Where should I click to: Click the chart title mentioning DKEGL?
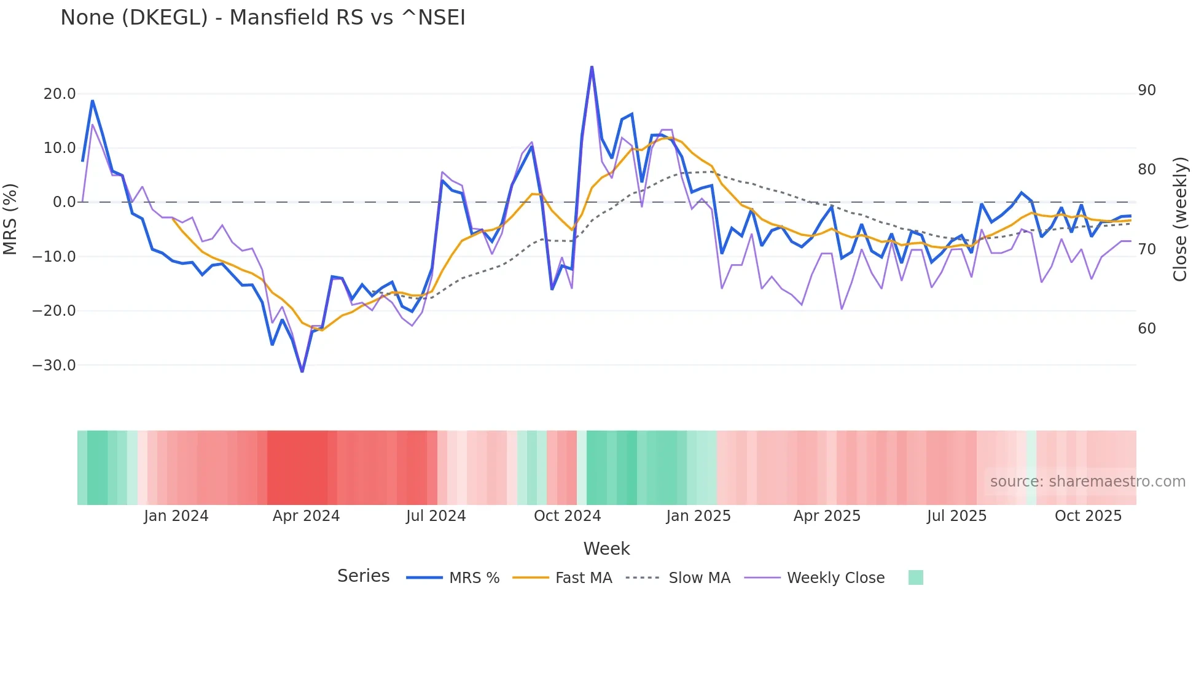(x=263, y=17)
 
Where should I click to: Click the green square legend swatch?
(x=915, y=577)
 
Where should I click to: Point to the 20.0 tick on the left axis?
(x=60, y=94)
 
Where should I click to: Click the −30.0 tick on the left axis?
(x=54, y=366)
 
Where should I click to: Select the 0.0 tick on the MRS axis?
(x=64, y=202)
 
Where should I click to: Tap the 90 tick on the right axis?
(x=1147, y=90)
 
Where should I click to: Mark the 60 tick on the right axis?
(x=1147, y=329)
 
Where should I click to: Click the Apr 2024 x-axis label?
(x=306, y=516)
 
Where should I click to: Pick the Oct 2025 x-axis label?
(x=1088, y=516)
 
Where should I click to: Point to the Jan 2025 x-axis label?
(x=698, y=516)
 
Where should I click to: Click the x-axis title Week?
(x=606, y=549)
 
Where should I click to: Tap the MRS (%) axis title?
(x=10, y=219)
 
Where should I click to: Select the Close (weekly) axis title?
(x=1180, y=219)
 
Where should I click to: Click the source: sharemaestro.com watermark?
(x=1087, y=482)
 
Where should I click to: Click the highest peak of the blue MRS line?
(x=592, y=67)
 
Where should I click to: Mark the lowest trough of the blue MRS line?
(x=302, y=371)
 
